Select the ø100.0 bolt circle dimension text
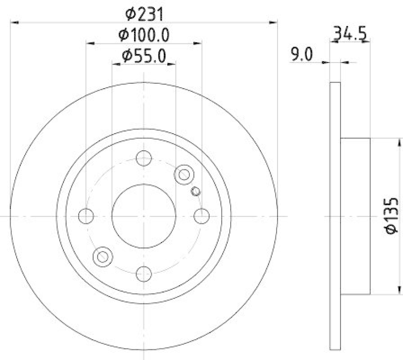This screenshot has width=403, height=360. [x=144, y=35]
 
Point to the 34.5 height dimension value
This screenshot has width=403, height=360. [x=351, y=35]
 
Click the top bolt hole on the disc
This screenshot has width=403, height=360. [x=144, y=158]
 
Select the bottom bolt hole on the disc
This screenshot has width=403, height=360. [x=144, y=273]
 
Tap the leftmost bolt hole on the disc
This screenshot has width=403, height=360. [x=87, y=216]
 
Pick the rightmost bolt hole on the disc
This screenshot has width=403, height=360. [x=201, y=216]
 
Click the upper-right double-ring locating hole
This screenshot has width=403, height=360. [x=184, y=174]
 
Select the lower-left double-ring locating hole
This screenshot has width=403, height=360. [x=103, y=256]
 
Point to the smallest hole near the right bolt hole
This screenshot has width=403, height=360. [x=196, y=191]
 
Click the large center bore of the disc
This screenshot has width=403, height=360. [x=144, y=216]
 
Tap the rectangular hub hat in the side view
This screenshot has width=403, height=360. [x=356, y=216]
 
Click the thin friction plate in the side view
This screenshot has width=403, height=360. [x=335, y=216]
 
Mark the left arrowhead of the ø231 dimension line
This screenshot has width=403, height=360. [x=14, y=22]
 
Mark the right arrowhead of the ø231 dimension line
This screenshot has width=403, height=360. [x=274, y=22]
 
